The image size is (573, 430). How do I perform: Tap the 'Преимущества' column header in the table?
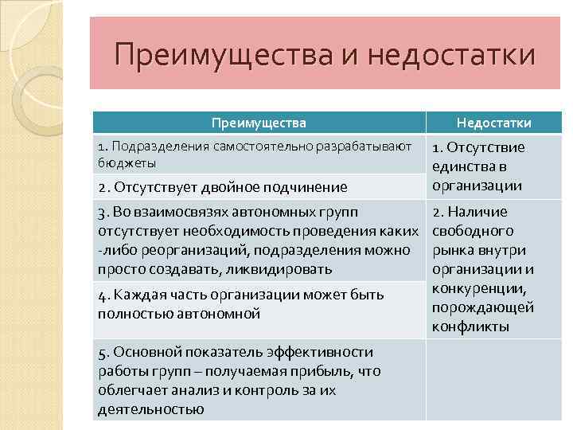259,123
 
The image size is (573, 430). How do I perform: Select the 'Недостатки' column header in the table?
493,123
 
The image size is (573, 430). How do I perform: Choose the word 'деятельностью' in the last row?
150,409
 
